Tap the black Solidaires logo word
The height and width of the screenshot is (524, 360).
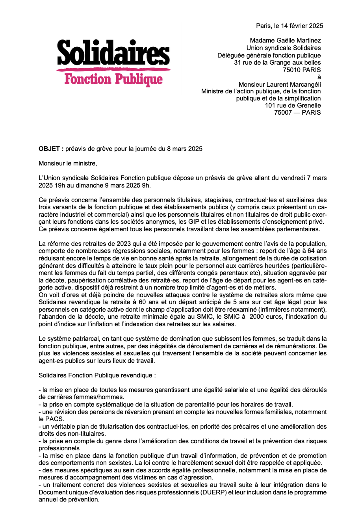[x=113, y=53]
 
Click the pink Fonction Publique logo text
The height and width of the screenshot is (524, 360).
[x=113, y=79]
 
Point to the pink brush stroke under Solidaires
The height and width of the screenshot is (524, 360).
[x=113, y=70]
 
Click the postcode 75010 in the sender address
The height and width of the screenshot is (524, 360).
[x=292, y=70]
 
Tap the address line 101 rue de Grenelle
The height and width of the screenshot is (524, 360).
[x=293, y=106]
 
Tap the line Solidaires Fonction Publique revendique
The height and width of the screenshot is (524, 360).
[x=97, y=375]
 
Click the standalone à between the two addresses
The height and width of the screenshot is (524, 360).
[x=319, y=77]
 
